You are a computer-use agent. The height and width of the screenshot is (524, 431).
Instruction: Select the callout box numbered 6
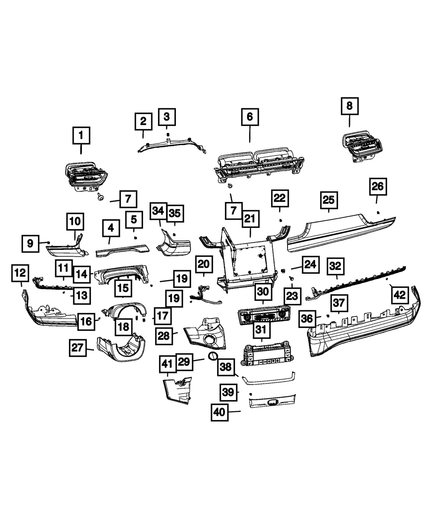point(250,117)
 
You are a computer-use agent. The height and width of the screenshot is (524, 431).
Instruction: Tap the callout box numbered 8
point(349,105)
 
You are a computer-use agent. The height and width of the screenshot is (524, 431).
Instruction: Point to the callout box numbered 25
point(328,200)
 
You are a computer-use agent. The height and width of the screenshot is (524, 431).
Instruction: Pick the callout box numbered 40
point(219,412)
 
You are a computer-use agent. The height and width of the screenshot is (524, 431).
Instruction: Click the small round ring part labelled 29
point(213,356)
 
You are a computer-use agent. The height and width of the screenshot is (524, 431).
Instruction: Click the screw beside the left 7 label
point(100,197)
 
